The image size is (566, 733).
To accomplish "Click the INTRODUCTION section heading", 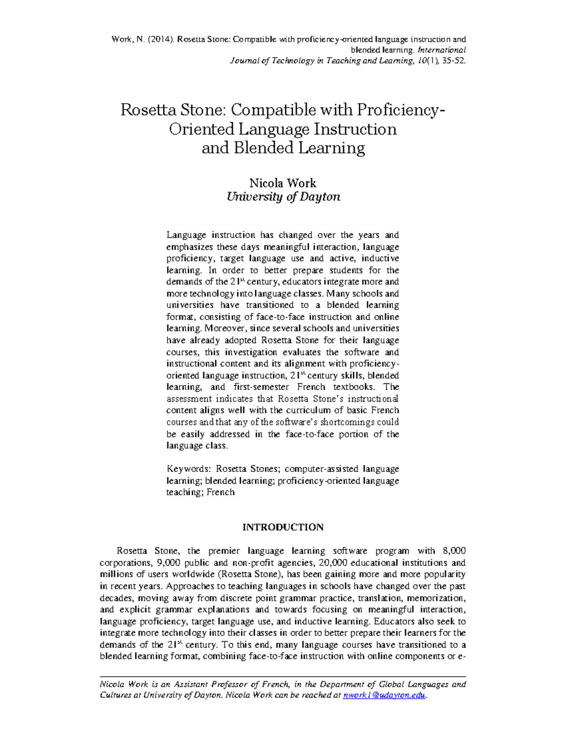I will [283, 527].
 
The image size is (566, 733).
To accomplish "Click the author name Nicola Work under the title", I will [283, 183].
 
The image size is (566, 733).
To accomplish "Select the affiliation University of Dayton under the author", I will [283, 197].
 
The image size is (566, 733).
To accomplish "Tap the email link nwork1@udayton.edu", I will [384, 695].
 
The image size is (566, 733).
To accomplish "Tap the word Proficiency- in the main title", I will [400, 110].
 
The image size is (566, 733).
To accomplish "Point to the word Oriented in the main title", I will [201, 129].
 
